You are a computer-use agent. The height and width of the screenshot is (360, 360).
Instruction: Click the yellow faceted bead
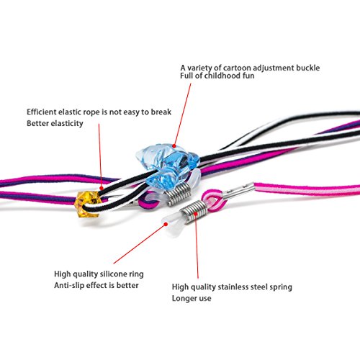pyautogui.click(x=87, y=204)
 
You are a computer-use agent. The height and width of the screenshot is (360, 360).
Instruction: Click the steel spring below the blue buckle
pyautogui.click(x=179, y=195)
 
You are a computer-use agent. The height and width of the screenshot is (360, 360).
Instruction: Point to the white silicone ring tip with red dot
pyautogui.click(x=172, y=224)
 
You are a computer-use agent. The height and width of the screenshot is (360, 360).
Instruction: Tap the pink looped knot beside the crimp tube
pyautogui.click(x=213, y=201)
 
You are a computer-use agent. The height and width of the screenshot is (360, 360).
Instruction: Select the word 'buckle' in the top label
pyautogui.click(x=307, y=68)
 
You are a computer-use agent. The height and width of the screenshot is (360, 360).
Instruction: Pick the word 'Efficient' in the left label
pyautogui.click(x=42, y=112)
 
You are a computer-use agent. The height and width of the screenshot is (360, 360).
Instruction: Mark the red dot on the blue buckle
pyautogui.click(x=174, y=145)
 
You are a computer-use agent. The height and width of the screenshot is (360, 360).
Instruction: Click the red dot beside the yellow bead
pyautogui.click(x=102, y=188)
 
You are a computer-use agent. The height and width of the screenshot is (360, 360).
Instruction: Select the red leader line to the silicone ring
pyautogui.click(x=140, y=244)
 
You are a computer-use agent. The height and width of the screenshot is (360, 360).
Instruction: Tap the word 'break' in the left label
pyautogui.click(x=161, y=112)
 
